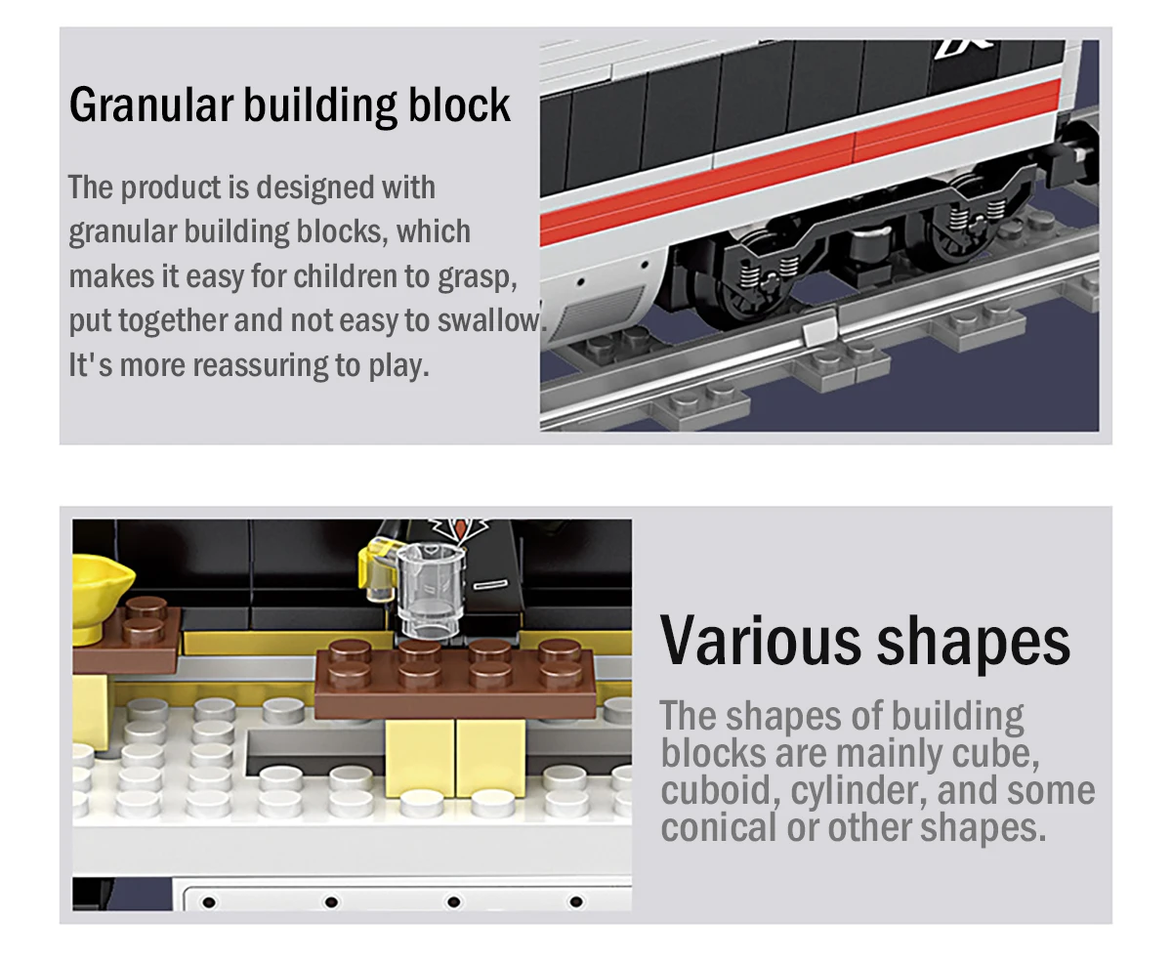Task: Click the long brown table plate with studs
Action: (455, 676)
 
